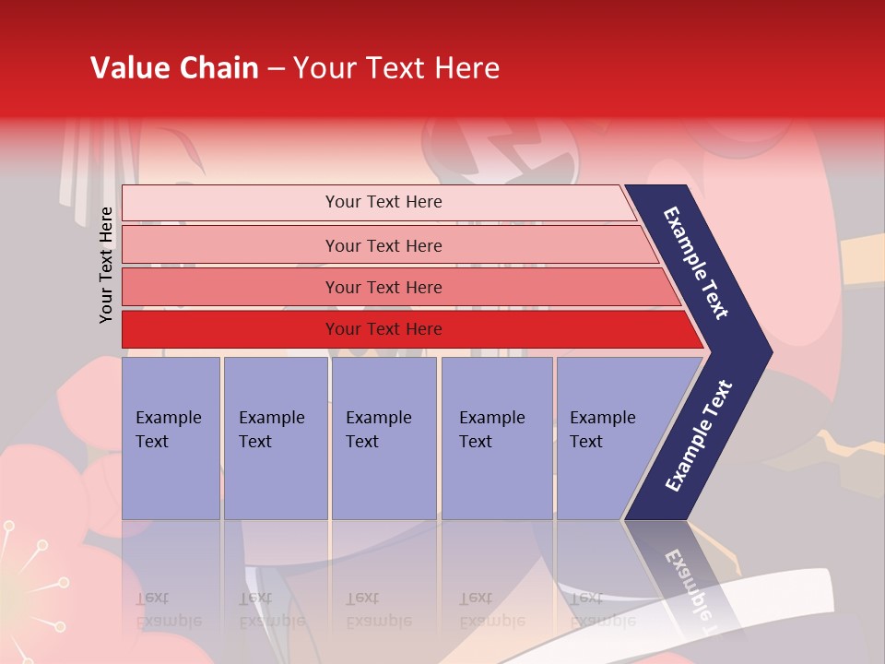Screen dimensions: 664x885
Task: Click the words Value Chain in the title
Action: tap(174, 68)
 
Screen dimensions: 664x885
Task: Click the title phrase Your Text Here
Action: tap(396, 68)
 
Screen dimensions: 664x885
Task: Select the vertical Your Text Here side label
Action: tap(106, 265)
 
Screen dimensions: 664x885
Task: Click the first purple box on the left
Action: tap(171, 438)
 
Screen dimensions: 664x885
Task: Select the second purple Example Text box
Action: tap(275, 438)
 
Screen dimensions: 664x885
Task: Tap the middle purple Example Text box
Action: tap(383, 438)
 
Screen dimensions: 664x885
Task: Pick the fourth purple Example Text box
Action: tap(497, 438)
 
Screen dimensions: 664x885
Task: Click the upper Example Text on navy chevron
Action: tap(696, 263)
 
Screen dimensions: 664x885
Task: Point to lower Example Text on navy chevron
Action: tap(699, 436)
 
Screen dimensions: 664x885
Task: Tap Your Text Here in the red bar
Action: tap(383, 329)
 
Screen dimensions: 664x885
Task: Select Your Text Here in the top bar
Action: tap(383, 202)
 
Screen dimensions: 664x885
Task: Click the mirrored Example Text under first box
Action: tap(168, 610)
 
